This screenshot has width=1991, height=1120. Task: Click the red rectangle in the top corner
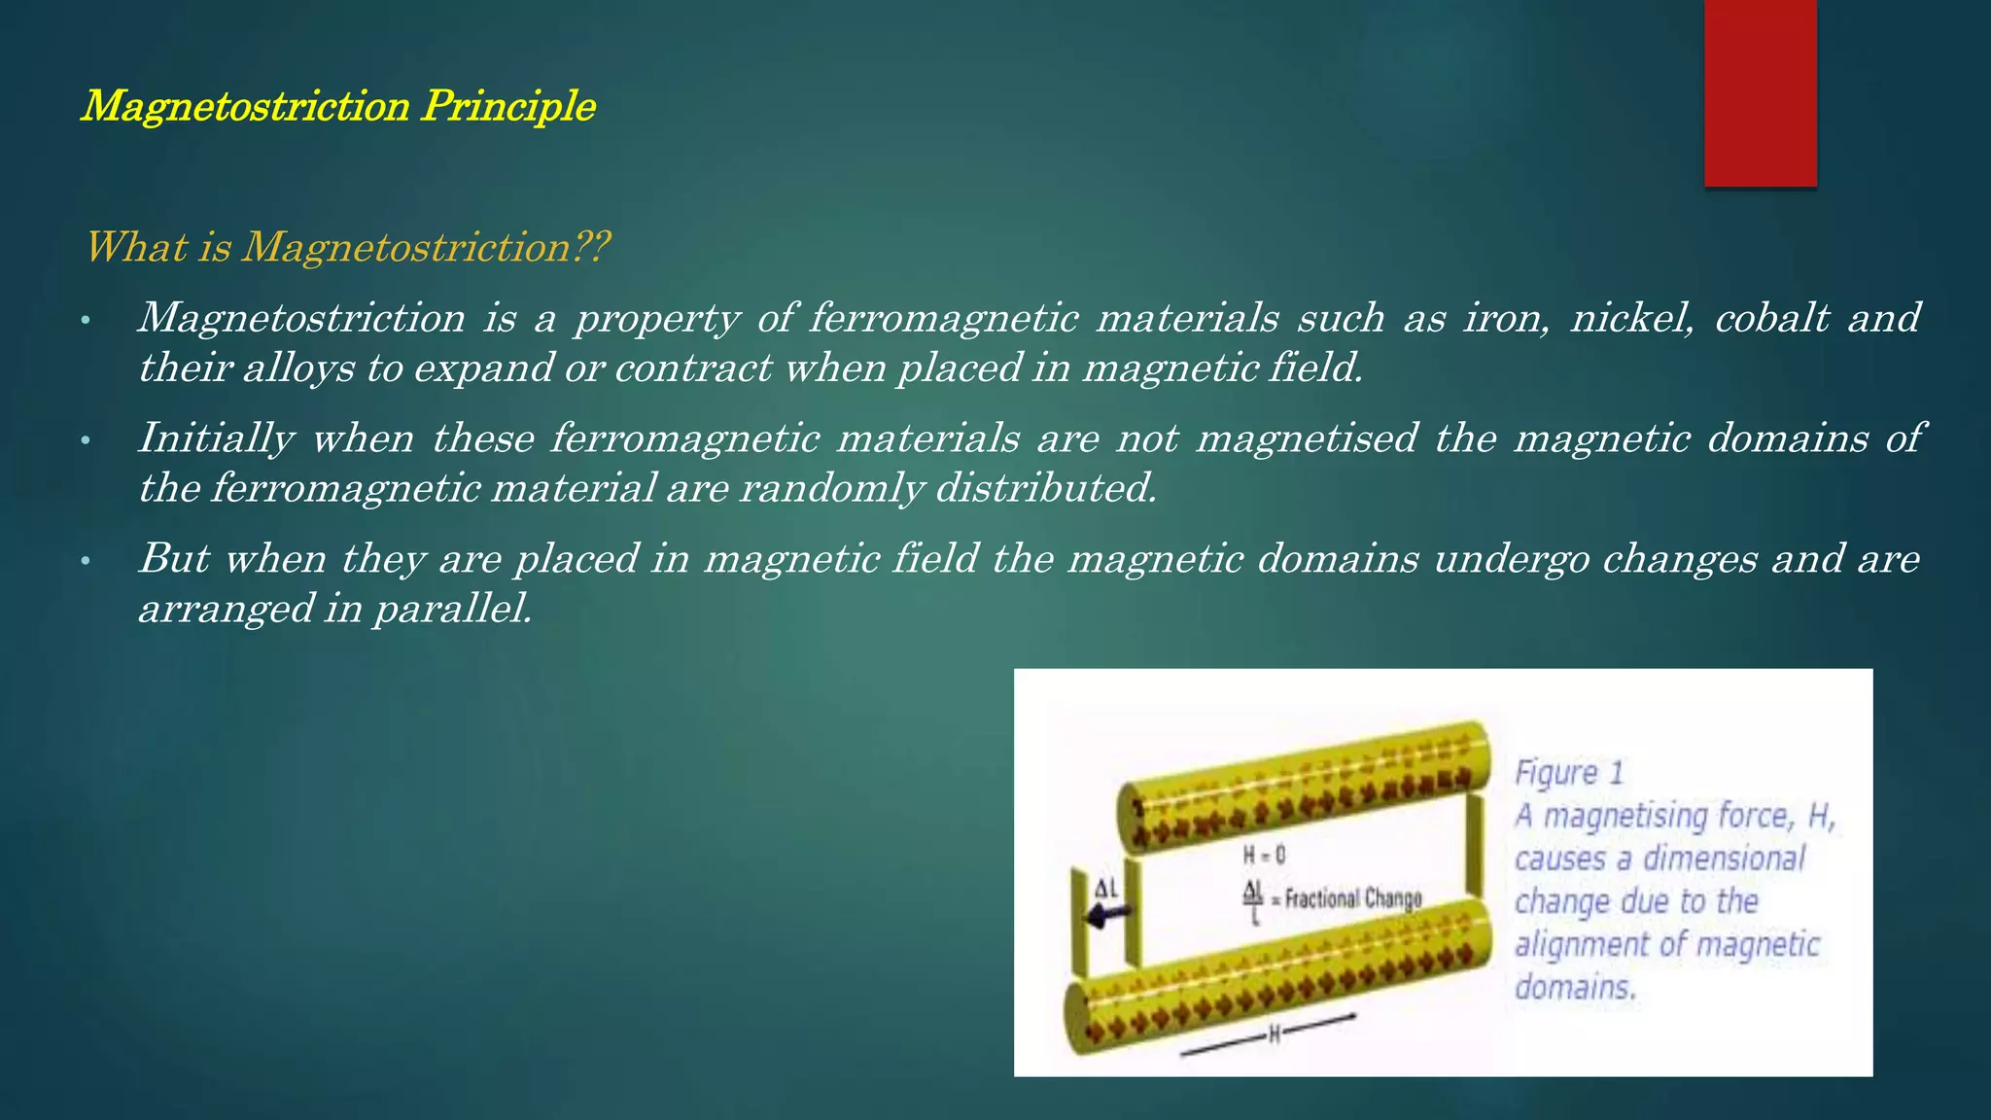[x=1760, y=92]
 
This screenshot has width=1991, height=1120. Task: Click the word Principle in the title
[x=508, y=106]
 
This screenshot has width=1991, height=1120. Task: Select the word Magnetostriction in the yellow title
[x=245, y=106]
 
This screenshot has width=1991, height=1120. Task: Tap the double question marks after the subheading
[x=590, y=247]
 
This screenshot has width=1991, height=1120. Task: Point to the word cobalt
[x=1771, y=318]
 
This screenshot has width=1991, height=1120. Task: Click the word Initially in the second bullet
[x=216, y=437]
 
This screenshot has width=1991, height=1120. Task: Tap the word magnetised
[x=1307, y=437]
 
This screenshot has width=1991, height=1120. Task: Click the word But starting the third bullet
[x=174, y=558]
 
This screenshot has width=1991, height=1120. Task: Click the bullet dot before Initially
[x=86, y=441]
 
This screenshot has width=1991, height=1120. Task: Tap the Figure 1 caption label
[x=1569, y=773]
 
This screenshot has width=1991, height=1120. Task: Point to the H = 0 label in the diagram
[x=1264, y=856]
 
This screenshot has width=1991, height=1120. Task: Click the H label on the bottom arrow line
[x=1275, y=1035]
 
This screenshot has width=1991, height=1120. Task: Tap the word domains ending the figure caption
[x=1575, y=988]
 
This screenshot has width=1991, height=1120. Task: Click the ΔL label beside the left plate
[x=1106, y=888]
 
